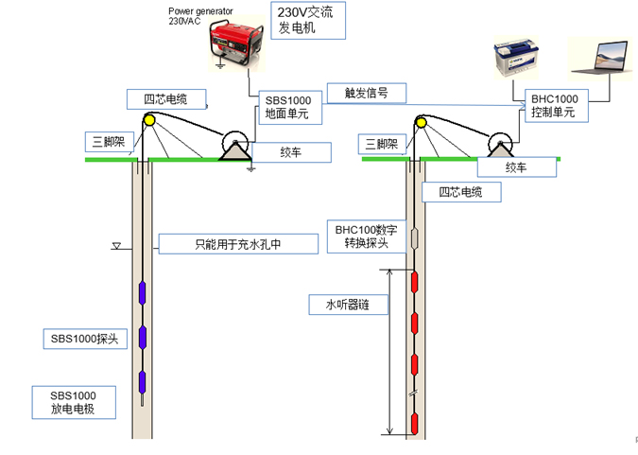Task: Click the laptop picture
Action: tap(599, 59)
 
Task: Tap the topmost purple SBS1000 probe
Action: tap(143, 292)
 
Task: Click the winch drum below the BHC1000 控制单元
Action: tap(497, 146)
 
